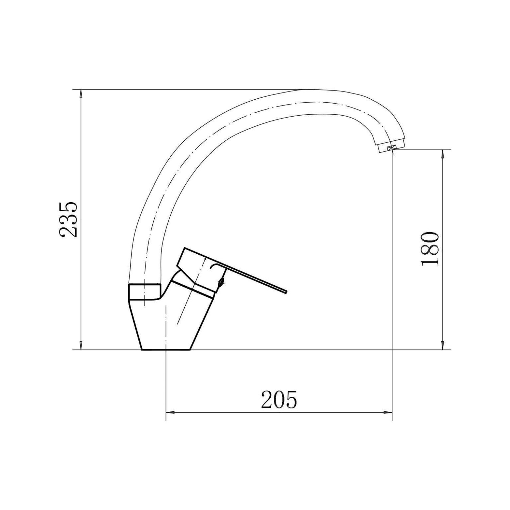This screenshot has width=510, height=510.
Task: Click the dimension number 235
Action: tap(69, 219)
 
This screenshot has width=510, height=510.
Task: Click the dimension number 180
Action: tap(430, 249)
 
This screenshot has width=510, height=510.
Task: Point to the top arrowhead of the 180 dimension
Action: tap(442, 155)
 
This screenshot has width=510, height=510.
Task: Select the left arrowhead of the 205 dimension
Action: tap(171, 413)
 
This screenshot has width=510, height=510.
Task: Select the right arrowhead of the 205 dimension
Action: tap(387, 413)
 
